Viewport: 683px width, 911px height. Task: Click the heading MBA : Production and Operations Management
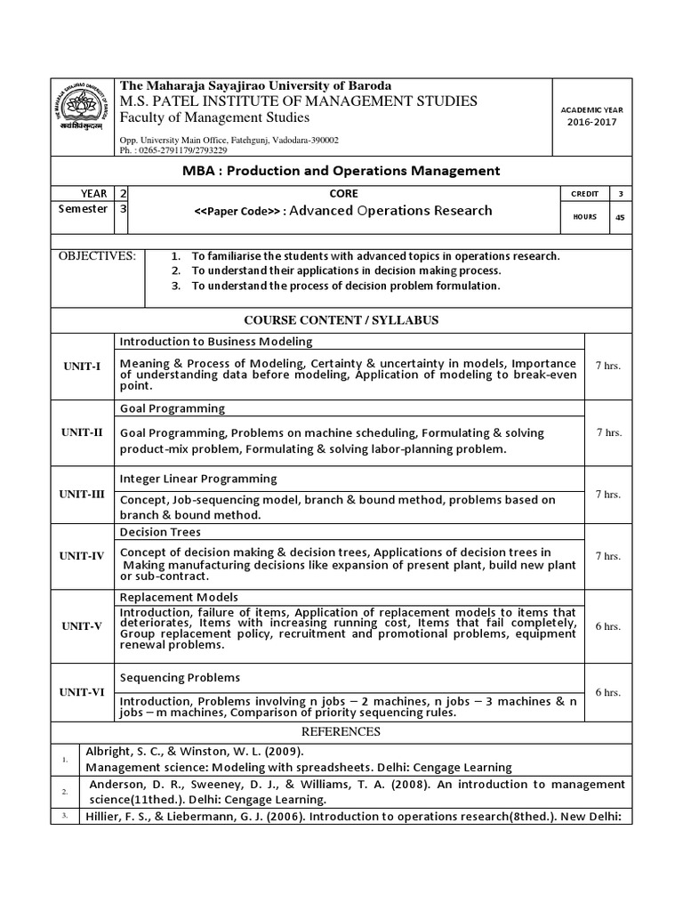coord(341,170)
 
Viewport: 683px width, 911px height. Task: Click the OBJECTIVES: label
coord(97,256)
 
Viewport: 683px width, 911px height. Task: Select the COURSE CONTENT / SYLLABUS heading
coord(341,320)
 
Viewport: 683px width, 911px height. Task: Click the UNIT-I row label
coord(82,367)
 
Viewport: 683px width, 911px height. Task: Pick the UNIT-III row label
coord(82,495)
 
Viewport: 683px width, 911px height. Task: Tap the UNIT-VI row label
coord(82,691)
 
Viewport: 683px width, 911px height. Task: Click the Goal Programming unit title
coord(172,408)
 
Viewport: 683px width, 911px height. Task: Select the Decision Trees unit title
coord(160,532)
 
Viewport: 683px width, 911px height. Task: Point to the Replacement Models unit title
coord(179,597)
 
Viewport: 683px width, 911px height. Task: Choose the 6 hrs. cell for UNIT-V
coord(608,626)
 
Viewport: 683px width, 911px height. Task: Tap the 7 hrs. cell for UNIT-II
coord(608,432)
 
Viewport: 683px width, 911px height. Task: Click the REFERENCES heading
coord(341,732)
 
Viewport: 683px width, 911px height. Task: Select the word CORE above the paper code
coord(342,193)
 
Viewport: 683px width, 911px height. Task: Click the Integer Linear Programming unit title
coord(198,479)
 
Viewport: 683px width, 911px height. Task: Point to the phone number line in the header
coord(173,150)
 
